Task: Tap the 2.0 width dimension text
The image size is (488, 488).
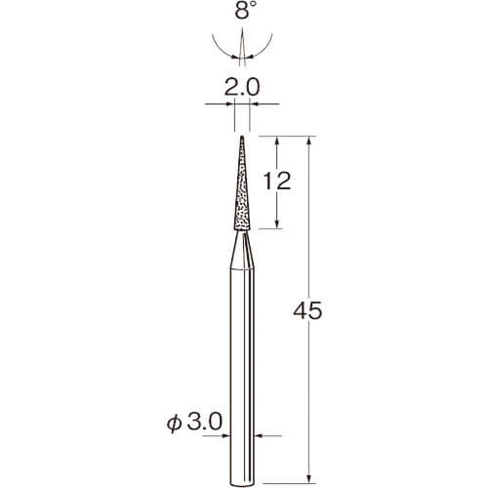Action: pos(242,87)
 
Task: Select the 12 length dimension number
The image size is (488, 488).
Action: pos(277,181)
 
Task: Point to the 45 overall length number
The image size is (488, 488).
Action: pos(307,310)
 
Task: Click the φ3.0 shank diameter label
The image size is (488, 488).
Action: pos(194,422)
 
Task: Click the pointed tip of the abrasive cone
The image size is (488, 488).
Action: pos(242,137)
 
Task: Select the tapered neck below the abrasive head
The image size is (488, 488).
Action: pos(242,250)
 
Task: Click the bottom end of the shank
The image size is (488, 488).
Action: pos(242,485)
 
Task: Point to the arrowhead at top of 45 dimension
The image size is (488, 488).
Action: pos(309,141)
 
